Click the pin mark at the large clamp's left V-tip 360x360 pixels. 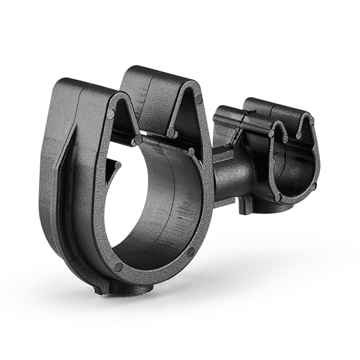coord(138,139)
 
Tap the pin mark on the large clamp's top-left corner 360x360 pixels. coord(111,113)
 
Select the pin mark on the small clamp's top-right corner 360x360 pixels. coord(310,121)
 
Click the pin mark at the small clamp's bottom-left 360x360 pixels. coord(278,197)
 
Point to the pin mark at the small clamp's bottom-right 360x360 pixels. coord(313,186)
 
